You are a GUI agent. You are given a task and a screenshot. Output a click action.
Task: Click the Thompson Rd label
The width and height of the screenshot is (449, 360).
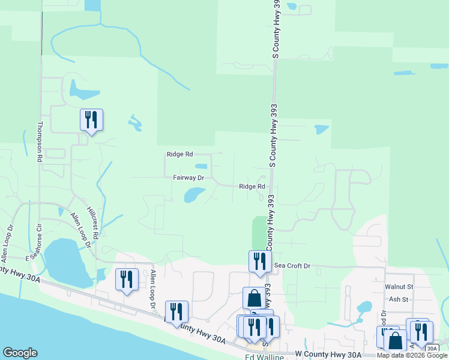(40, 142)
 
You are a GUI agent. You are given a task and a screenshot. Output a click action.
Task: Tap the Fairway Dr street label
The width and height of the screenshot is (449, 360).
(188, 178)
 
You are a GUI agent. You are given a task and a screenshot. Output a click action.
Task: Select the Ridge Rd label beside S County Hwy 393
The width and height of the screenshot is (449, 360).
(252, 187)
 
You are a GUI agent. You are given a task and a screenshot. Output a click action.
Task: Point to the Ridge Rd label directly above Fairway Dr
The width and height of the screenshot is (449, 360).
(179, 154)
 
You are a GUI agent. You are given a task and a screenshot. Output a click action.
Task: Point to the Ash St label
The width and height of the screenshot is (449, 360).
(398, 299)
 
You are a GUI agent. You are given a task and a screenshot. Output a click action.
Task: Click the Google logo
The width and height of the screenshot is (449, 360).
(20, 353)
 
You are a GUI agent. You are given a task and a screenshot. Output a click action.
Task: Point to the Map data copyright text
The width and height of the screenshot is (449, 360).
(412, 355)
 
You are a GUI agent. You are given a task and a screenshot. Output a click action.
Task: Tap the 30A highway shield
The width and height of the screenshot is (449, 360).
(432, 349)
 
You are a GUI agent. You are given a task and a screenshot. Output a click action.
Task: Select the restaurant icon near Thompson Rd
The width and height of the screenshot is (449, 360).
(91, 119)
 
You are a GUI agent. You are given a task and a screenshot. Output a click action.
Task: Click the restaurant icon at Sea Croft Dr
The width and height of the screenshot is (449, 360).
(260, 261)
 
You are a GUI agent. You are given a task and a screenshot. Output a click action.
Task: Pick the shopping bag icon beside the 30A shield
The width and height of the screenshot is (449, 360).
(395, 340)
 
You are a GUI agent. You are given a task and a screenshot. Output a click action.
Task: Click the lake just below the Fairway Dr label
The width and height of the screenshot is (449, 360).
(193, 194)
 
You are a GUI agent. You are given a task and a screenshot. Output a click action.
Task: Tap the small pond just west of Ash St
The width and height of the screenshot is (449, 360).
(364, 307)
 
